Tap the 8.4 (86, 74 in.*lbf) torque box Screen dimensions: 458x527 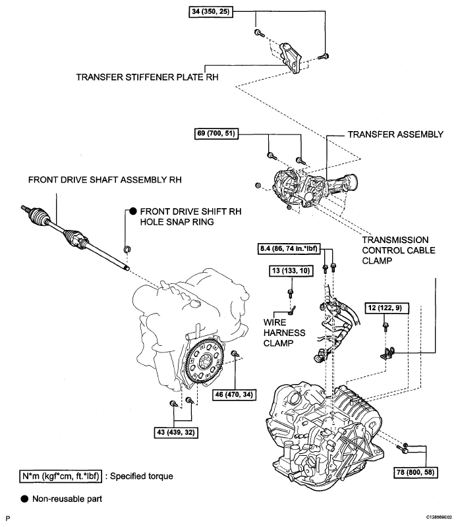pos(289,249)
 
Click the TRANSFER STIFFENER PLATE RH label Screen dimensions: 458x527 pos(148,77)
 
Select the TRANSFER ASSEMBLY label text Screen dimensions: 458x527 pos(395,134)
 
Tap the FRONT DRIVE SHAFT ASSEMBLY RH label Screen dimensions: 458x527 pos(105,180)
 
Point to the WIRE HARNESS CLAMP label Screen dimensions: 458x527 pos(284,333)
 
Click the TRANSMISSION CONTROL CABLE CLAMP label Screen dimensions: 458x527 pos(399,250)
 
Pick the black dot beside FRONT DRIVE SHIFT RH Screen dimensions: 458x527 pos(133,211)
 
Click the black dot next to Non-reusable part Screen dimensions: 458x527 pos(24,499)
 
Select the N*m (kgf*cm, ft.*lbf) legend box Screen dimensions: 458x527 pos(61,476)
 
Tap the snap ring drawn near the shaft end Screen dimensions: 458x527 pos(127,250)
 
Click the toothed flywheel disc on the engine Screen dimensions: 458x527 pos(204,361)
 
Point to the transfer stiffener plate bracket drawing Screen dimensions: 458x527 pos(291,58)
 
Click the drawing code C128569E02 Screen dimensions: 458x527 pos(439,517)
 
